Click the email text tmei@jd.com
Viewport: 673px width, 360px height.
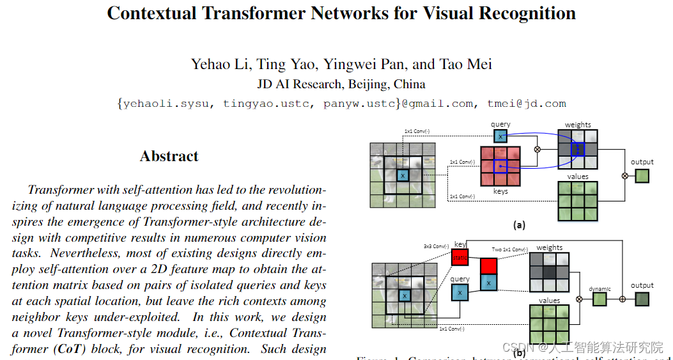coord(527,104)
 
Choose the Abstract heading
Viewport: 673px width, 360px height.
coord(169,156)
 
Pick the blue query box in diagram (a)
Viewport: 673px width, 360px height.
coord(500,136)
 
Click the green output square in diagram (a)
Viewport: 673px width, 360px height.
coord(642,176)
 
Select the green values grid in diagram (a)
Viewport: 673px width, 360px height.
coord(577,201)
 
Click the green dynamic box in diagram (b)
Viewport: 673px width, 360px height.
coord(600,299)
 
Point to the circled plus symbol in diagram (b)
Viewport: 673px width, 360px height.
coord(623,299)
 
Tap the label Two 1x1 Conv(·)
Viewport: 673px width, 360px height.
coord(510,249)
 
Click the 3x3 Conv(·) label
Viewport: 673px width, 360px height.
coord(437,246)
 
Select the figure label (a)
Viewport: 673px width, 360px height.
coord(519,225)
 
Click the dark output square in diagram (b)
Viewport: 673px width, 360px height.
coord(642,299)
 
